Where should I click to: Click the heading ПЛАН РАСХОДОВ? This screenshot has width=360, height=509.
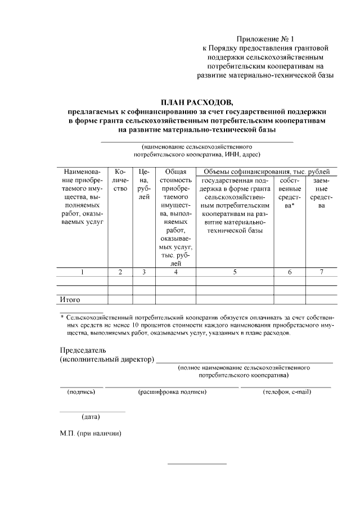point(196,102)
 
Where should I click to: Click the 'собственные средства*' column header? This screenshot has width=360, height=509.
point(289,193)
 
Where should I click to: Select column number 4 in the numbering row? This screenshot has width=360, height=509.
point(175,272)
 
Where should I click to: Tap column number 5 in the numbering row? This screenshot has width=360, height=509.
point(234,272)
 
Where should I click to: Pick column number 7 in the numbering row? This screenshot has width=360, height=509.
point(321,272)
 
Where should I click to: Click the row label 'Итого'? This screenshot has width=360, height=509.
point(70,300)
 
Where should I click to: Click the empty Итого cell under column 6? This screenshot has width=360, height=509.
point(289,300)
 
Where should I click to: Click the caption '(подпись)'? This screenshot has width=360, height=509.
point(82,392)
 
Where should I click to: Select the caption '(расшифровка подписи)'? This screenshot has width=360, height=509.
point(172,392)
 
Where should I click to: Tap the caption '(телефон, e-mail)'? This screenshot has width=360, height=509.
point(286,392)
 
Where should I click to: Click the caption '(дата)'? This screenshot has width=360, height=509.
point(91,417)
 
